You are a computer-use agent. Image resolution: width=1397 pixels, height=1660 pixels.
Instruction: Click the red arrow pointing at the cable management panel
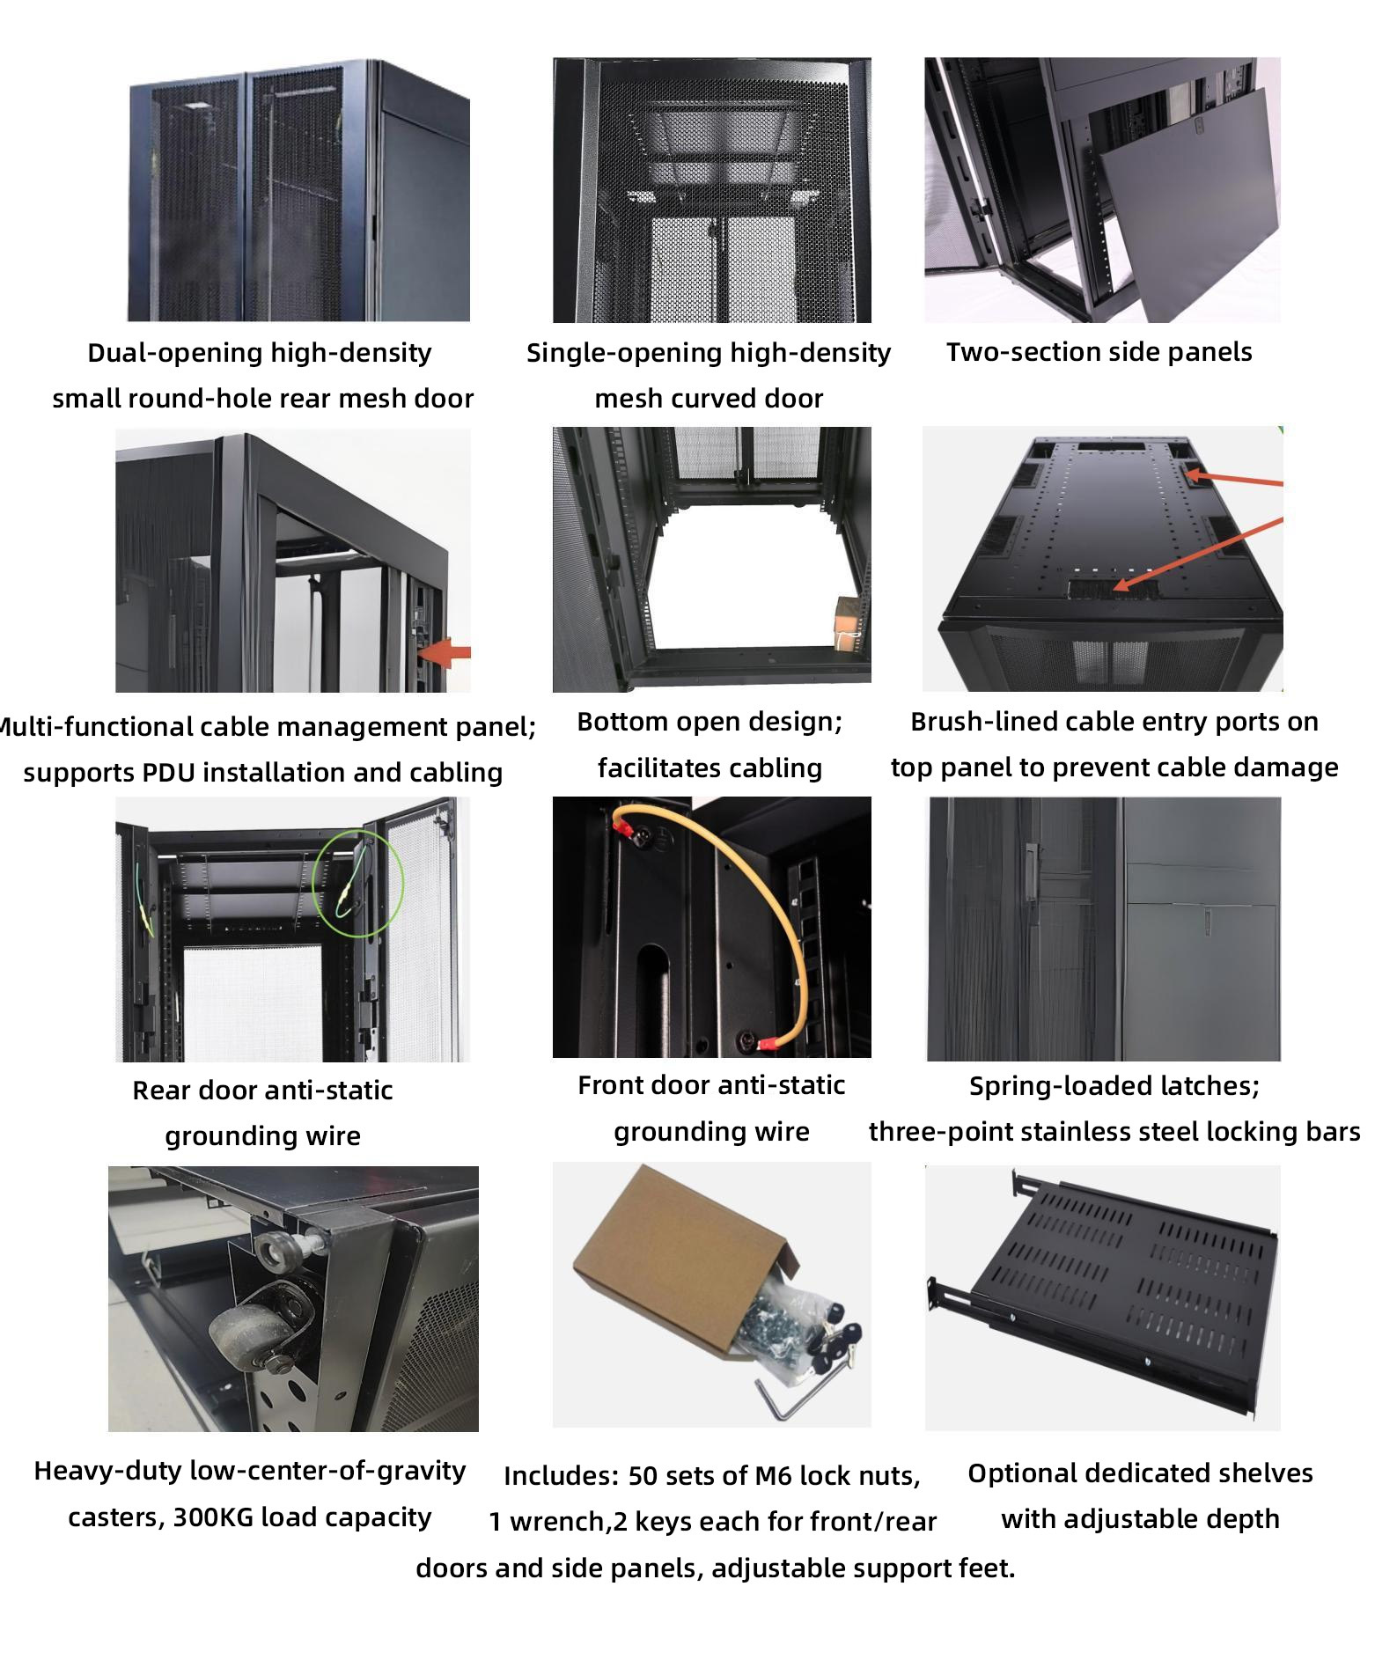[x=445, y=653]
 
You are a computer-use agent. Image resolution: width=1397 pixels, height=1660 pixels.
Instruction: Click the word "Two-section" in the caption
[x=1001, y=352]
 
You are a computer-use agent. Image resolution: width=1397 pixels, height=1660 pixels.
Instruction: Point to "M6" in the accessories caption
[x=775, y=1475]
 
